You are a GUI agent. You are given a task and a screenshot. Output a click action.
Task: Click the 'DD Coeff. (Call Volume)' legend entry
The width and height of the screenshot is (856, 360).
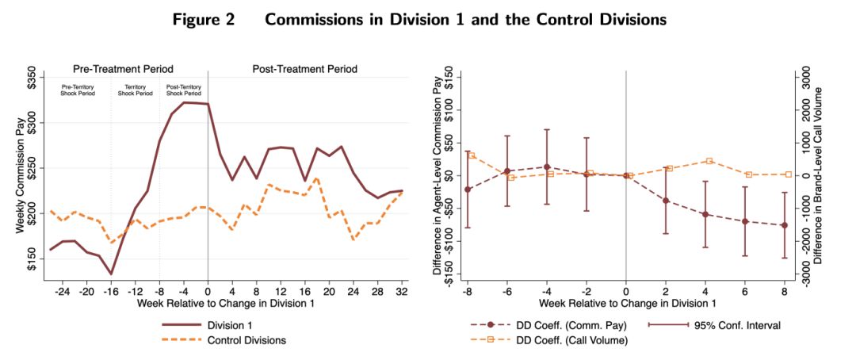567,340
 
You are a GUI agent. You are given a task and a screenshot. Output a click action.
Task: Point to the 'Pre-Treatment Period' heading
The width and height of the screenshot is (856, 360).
123,69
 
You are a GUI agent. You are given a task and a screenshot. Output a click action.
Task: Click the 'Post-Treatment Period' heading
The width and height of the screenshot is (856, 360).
305,69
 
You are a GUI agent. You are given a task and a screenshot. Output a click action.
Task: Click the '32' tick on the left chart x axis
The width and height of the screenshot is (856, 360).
402,291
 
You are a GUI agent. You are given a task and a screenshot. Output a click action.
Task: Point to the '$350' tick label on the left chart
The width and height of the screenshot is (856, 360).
32,82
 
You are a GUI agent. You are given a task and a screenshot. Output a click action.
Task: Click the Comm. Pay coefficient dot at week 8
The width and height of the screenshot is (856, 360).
785,225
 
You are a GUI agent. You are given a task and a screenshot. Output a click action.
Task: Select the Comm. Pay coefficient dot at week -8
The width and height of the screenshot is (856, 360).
468,189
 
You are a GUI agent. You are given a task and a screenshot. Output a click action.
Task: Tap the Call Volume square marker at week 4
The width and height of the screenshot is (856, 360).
709,161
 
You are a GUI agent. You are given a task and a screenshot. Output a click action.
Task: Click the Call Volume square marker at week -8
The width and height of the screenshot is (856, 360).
472,155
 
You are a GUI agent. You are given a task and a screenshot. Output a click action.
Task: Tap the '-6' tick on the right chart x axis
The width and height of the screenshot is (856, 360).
507,291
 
